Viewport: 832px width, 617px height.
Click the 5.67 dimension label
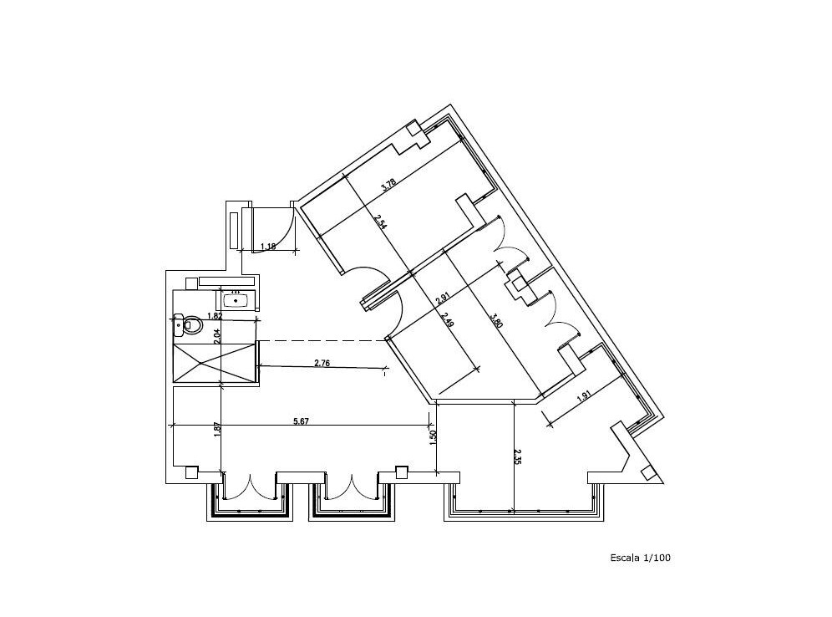301,421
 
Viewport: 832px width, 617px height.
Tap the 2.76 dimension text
322,363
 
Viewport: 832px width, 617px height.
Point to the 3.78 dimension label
389,184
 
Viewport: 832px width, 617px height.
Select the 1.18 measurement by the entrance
268,246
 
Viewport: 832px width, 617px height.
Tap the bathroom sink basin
236,301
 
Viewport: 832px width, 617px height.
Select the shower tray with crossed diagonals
215,363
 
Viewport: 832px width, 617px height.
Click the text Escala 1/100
640,558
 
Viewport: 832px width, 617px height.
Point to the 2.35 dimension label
518,457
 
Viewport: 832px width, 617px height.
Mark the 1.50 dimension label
433,437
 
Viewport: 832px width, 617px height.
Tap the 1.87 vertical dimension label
216,429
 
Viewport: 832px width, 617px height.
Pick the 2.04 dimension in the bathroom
216,336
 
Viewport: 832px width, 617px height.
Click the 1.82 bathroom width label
215,315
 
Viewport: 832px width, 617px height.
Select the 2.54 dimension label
380,222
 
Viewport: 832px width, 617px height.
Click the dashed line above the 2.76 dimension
321,340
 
